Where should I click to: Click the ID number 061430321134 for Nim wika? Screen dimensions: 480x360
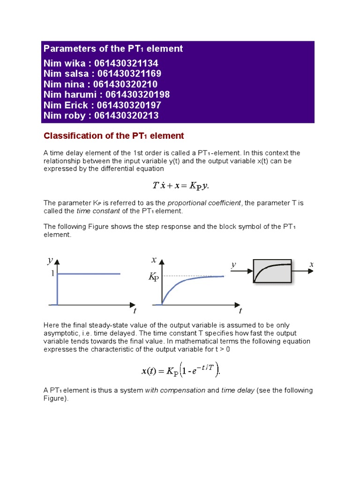click(x=126, y=63)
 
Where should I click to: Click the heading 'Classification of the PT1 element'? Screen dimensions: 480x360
click(x=114, y=136)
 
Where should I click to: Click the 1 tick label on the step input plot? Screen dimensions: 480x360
click(x=53, y=274)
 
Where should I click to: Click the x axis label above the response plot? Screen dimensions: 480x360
click(x=154, y=260)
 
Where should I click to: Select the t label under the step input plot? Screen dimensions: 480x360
click(x=135, y=310)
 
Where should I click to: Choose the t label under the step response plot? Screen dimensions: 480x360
click(x=240, y=310)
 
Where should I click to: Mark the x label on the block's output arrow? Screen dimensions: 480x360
click(x=311, y=265)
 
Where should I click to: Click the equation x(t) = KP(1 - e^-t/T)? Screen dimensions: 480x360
click(x=180, y=370)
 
